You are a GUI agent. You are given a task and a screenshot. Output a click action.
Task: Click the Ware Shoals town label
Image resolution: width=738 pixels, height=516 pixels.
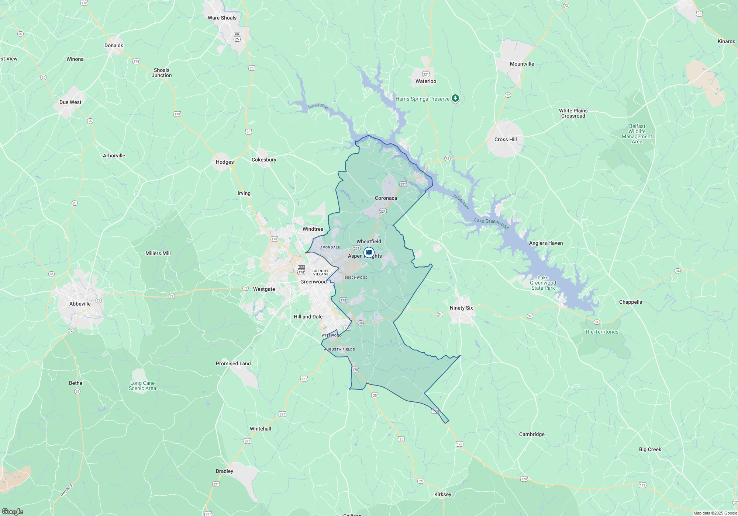coord(222,18)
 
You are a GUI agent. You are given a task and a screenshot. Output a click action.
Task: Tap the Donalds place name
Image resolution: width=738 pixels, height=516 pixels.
coord(114,46)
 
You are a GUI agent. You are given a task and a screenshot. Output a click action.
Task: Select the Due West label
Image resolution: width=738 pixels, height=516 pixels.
coord(70,102)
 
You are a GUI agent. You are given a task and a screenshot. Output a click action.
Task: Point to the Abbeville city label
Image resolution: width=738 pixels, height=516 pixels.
coord(80,304)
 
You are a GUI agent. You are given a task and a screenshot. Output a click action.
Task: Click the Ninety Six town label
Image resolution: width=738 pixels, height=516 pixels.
coord(461,308)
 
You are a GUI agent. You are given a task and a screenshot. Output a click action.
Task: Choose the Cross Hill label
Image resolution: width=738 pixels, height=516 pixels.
coord(506,139)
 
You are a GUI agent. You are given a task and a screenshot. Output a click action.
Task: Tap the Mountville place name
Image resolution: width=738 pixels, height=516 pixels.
coord(522,64)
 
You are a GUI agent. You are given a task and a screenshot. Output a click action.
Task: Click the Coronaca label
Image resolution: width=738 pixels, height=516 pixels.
coord(386,198)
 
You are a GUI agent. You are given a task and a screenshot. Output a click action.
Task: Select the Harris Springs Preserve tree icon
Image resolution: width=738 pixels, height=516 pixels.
coord(455,98)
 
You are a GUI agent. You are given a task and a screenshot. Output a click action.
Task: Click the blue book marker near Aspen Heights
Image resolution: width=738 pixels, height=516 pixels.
coord(369,252)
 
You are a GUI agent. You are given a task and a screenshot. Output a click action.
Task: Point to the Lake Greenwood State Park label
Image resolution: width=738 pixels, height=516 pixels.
coord(543,283)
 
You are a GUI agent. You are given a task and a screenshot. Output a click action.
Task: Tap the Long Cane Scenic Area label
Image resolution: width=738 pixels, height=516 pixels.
coord(142,386)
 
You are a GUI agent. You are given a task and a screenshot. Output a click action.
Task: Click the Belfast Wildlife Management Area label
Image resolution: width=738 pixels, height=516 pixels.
coord(637,134)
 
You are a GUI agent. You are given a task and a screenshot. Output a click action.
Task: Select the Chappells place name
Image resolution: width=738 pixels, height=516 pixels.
coord(630,302)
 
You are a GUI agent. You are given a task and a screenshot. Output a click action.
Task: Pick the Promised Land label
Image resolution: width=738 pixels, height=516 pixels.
coord(233,363)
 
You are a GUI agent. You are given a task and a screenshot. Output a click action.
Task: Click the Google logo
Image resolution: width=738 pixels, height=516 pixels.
coord(12,512)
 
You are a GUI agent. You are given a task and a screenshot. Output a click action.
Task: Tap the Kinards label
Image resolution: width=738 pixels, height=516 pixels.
coord(726,41)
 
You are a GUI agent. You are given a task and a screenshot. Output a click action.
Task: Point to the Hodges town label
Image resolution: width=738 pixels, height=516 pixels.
coord(225,162)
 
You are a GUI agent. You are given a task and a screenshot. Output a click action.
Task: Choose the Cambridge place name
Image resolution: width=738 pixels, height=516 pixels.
coord(532,434)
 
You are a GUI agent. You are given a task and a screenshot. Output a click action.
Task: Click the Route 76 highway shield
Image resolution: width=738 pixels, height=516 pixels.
coord(699,14)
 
